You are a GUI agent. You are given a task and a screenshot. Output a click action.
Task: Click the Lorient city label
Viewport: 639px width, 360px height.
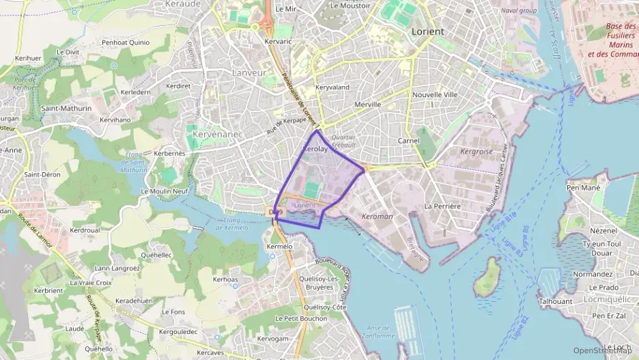coord(428,31)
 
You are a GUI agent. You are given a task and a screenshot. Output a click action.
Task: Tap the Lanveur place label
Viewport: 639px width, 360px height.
coord(248,72)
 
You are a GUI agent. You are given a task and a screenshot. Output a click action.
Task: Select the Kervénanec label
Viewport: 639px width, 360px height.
coord(218,135)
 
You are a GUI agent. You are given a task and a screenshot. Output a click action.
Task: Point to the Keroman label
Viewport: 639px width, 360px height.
coord(377,217)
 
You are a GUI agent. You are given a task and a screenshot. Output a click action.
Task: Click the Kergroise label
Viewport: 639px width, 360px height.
coord(477,151)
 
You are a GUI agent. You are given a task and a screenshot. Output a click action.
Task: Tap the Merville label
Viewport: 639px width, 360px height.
coord(367,105)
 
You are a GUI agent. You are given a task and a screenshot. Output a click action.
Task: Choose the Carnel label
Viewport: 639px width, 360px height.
coord(408,141)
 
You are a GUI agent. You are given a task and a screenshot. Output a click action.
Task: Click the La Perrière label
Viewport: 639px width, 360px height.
coord(442,206)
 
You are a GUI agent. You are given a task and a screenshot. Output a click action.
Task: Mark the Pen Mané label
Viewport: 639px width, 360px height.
coord(584,187)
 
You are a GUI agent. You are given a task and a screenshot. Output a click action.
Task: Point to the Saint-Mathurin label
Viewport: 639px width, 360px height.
coord(66,108)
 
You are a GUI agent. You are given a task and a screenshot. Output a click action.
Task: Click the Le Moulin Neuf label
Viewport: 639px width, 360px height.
coord(164,191)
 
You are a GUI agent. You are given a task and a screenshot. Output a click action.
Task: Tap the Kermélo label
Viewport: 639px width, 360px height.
coord(279,246)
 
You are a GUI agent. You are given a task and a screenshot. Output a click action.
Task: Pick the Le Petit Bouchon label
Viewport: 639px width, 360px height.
coord(301,318)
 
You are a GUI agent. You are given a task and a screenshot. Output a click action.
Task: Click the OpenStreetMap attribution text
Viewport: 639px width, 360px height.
coord(602,350)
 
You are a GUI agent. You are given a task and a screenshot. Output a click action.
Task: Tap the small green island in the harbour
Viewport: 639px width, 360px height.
coord(487,278)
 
